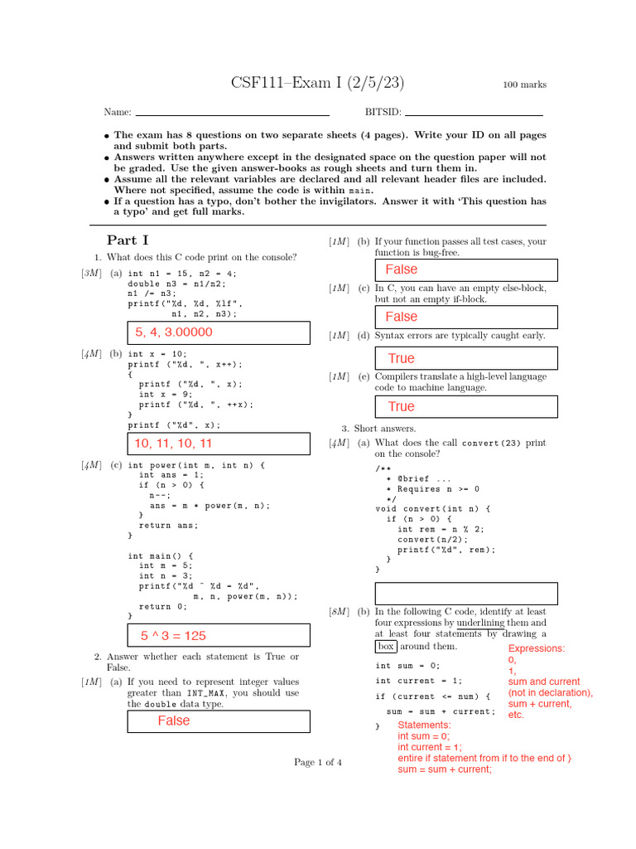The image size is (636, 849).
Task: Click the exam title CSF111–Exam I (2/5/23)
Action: click(317, 84)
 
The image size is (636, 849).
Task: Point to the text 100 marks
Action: click(525, 85)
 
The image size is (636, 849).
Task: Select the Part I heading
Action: click(128, 240)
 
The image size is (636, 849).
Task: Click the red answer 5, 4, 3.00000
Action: click(174, 332)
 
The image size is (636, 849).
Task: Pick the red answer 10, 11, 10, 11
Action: click(174, 444)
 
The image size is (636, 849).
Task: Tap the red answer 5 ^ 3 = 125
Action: click(174, 636)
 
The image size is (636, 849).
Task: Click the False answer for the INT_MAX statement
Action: click(174, 720)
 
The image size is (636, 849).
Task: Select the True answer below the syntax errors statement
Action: click(402, 358)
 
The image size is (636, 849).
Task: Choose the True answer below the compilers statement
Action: click(402, 406)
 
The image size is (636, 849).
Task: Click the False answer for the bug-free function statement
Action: click(402, 269)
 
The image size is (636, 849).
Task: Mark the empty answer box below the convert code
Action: click(466, 594)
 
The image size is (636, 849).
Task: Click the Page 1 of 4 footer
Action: click(318, 762)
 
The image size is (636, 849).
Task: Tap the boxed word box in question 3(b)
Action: click(386, 646)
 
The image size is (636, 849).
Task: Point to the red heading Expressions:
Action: click(537, 648)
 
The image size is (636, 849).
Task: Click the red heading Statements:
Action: click(425, 725)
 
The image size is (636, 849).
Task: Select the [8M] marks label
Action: click(340, 612)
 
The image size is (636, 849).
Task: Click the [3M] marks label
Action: click(91, 274)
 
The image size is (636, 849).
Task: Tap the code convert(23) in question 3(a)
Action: click(490, 443)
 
